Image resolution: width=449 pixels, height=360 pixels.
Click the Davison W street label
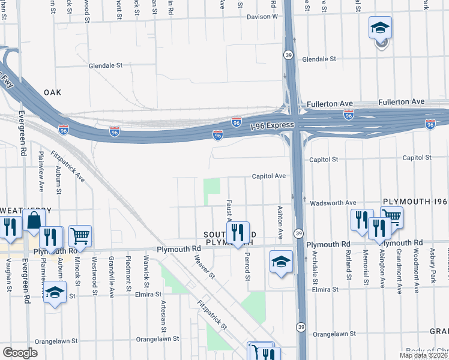click(x=263, y=17)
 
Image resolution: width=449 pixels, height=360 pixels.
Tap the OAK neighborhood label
click(x=53, y=93)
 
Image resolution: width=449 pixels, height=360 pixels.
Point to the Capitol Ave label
click(x=268, y=176)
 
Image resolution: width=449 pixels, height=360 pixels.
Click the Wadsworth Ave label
click(x=334, y=203)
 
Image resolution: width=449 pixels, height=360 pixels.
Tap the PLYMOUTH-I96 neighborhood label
click(x=415, y=203)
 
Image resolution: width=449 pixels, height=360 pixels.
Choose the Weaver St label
click(x=205, y=267)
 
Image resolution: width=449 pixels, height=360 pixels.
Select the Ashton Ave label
click(x=280, y=221)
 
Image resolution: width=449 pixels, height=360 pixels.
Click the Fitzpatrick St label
click(x=214, y=316)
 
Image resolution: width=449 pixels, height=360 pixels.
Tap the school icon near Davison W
click(x=380, y=28)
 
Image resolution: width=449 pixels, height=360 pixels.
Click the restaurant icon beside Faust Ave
click(x=238, y=232)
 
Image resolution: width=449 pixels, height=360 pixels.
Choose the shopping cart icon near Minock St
click(x=80, y=236)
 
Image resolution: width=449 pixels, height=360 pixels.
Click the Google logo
click(x=20, y=353)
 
